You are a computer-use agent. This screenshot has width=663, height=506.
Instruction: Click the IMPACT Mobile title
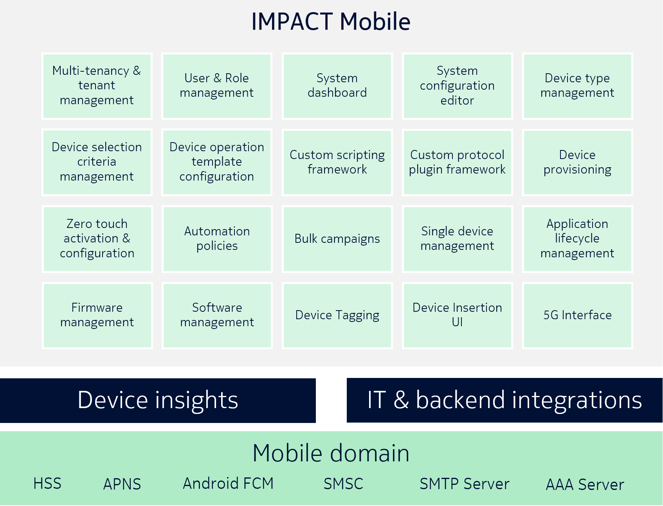click(331, 22)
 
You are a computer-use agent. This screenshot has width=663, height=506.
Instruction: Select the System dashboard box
click(337, 86)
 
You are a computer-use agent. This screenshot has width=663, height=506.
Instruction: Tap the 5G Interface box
click(577, 315)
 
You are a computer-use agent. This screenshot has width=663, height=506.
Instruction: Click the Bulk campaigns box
click(337, 239)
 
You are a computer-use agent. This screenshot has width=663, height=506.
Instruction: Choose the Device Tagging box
click(337, 315)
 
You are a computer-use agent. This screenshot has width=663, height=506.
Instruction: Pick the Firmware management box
click(97, 315)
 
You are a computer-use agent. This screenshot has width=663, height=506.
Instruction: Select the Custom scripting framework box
click(337, 162)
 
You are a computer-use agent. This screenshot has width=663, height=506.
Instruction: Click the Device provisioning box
click(577, 162)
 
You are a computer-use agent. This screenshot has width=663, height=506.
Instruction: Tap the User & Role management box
click(217, 86)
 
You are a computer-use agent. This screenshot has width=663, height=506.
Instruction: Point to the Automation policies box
click(217, 239)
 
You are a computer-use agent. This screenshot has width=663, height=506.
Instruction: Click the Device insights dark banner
click(158, 400)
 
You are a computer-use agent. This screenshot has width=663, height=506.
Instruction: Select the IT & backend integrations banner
click(504, 400)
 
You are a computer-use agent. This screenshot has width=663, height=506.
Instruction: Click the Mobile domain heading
click(331, 453)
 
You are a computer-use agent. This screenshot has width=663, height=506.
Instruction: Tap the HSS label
click(47, 484)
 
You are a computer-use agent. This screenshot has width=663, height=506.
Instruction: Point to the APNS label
click(122, 484)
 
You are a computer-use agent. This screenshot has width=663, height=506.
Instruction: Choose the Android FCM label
click(228, 484)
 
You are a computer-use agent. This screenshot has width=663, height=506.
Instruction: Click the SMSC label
click(343, 484)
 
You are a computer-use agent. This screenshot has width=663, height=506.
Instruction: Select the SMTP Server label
click(464, 484)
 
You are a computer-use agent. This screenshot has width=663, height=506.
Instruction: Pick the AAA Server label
click(585, 485)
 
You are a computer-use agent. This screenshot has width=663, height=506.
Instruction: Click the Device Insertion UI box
click(457, 315)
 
